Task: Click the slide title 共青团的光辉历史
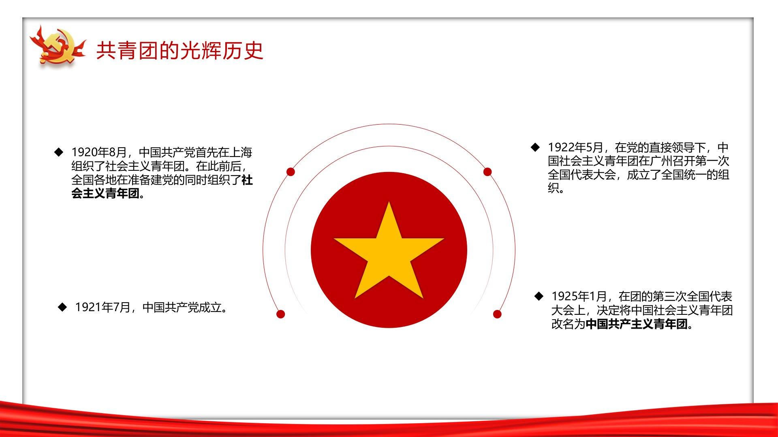(180, 51)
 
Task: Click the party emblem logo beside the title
(58, 46)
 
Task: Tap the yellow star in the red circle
(389, 250)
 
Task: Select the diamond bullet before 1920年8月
(59, 152)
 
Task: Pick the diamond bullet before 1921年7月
(62, 307)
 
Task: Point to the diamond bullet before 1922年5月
(535, 147)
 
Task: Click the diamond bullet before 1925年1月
(539, 296)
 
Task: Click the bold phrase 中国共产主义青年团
(637, 324)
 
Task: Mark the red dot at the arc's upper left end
(291, 172)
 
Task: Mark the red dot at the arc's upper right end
(487, 172)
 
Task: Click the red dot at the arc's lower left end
(280, 314)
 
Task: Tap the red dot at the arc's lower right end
(497, 314)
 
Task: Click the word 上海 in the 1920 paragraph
(241, 153)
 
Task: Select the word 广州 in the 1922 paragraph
(661, 161)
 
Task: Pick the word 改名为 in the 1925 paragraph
(568, 324)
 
